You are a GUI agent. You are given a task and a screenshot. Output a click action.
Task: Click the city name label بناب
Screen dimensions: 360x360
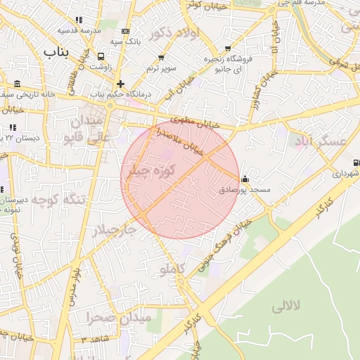tap(58, 52)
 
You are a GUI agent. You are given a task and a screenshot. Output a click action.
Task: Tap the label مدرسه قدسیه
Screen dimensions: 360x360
tap(77, 31)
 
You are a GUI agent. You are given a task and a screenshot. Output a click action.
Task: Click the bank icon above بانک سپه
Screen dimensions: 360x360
tap(125, 32)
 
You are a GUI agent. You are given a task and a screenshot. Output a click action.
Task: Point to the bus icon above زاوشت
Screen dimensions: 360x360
tap(102, 56)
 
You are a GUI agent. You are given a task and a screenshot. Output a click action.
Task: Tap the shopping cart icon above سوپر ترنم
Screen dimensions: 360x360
tap(161, 58)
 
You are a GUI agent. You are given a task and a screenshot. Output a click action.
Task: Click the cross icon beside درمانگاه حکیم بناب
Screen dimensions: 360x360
tap(120, 83)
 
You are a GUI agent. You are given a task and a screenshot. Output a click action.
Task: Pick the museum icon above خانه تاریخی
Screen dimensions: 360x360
tap(17, 84)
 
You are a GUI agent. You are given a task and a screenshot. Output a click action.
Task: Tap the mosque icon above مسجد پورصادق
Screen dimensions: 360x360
tap(244, 179)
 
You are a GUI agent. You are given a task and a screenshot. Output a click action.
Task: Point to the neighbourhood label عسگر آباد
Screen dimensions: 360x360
tap(323, 141)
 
